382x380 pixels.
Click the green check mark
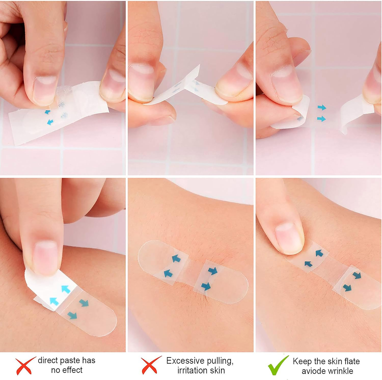click(x=278, y=365)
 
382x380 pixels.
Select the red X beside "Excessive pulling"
click(x=151, y=365)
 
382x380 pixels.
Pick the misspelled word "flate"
click(x=352, y=361)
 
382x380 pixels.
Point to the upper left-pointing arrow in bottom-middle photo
click(x=176, y=259)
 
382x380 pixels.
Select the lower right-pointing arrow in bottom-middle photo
click(x=206, y=286)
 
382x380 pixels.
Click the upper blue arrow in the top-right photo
click(x=322, y=108)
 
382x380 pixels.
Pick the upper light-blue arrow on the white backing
click(x=65, y=289)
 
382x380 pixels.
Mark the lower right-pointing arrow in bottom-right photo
click(x=347, y=288)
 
